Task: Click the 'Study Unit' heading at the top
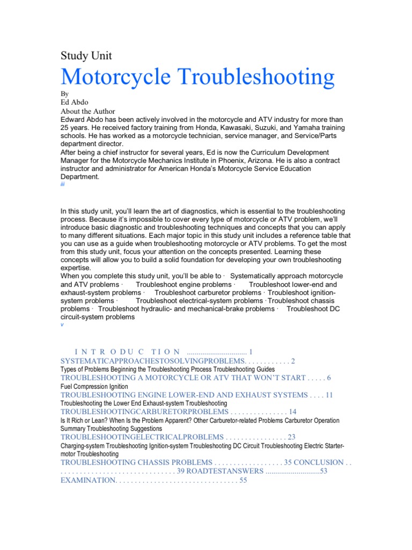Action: pyautogui.click(x=86, y=55)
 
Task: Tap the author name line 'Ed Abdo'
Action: pyautogui.click(x=75, y=102)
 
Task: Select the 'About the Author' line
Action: pyautogui.click(x=87, y=111)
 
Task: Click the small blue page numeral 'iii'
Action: pyautogui.click(x=62, y=184)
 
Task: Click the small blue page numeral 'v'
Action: pyautogui.click(x=62, y=325)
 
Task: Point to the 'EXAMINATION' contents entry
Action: pyautogui.click(x=88, y=480)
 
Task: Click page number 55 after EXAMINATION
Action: pyautogui.click(x=243, y=480)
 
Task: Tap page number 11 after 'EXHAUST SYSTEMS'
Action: pyautogui.click(x=329, y=395)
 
